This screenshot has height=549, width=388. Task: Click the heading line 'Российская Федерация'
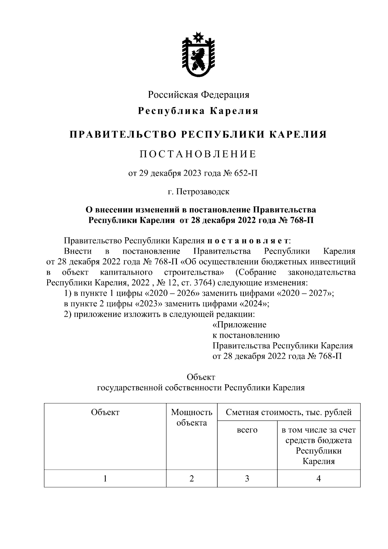(x=199, y=95)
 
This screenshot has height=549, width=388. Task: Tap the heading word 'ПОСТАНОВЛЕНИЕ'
(x=198, y=154)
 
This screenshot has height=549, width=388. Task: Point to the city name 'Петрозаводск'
(x=203, y=192)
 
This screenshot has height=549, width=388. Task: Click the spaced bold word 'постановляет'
(x=248, y=241)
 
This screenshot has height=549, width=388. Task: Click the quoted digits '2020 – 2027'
(x=306, y=293)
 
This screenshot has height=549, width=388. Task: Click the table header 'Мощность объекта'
(x=192, y=417)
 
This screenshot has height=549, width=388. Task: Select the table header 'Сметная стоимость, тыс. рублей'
(x=289, y=412)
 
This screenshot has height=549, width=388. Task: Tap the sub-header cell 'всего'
(x=247, y=430)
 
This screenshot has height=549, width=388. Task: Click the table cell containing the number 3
(x=247, y=478)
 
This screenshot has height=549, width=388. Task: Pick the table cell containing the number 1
(x=105, y=478)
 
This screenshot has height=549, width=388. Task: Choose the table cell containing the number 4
(x=318, y=478)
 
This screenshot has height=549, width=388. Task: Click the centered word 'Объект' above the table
(x=201, y=377)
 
